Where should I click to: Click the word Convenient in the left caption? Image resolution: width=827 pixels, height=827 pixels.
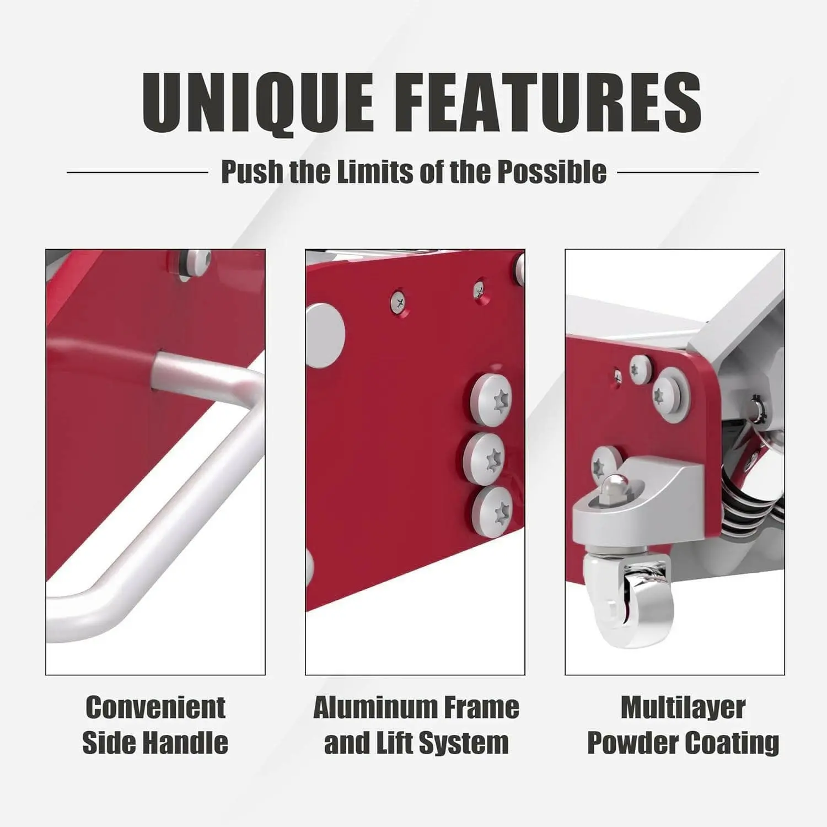pos(155,708)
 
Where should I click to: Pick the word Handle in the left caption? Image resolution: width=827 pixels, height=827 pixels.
pos(185,743)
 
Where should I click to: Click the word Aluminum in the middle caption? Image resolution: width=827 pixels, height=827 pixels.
pos(375,708)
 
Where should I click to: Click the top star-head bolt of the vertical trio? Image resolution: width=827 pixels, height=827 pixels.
pos(491,399)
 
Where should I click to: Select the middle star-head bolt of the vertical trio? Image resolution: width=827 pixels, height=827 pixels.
pos(485,459)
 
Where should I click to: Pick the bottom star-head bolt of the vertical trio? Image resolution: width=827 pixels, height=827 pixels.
pos(492,512)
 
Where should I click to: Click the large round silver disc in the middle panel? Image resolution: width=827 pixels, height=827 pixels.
pos(325,336)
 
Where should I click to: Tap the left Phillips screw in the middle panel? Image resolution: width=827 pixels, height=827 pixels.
pos(399,302)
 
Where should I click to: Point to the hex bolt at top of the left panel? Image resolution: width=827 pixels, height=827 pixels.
pos(197,263)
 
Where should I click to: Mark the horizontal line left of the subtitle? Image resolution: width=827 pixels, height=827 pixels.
pos(137,172)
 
